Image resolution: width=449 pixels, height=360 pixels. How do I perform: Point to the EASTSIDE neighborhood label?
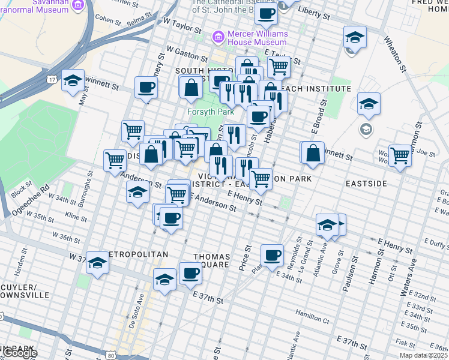[366, 183]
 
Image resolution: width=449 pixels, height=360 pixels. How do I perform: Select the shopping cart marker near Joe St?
[400, 155]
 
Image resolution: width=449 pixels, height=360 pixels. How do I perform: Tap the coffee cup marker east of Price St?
[272, 254]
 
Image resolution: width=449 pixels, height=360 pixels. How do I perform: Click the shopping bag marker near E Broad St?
[313, 152]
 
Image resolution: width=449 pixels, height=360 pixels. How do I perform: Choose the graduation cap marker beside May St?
[73, 82]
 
